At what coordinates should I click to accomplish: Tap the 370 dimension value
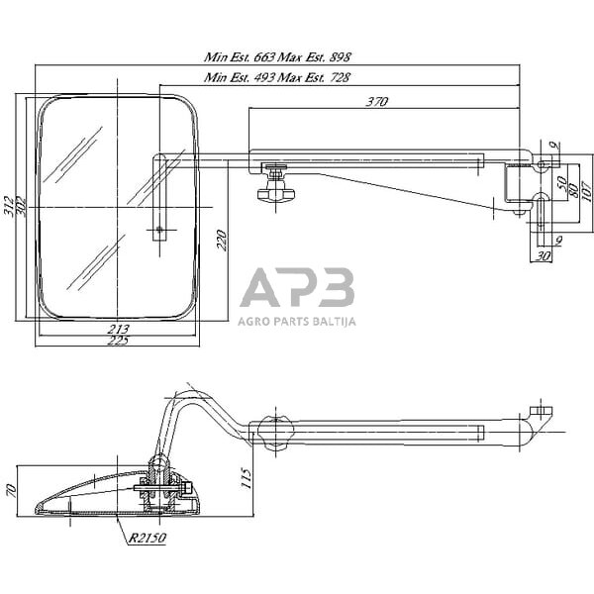(376, 101)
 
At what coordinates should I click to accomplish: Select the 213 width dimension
(119, 331)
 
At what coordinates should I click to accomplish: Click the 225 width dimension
(119, 343)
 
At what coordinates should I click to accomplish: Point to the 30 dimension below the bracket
(543, 255)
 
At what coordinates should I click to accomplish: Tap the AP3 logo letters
(297, 288)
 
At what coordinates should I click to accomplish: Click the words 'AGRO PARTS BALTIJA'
(297, 321)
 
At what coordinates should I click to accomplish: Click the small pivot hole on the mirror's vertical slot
(159, 230)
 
